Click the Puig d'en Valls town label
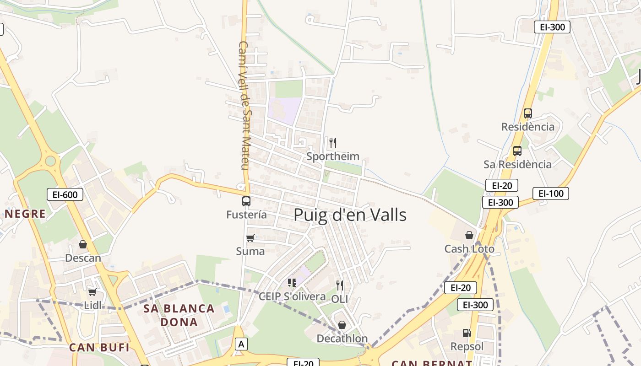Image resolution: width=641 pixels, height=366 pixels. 350,215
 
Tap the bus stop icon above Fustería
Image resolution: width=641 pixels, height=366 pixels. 246,201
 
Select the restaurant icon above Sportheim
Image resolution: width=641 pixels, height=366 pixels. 333,143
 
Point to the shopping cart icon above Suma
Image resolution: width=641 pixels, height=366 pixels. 250,238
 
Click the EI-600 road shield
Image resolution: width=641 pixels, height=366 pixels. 65,195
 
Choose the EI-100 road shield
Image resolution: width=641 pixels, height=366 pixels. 550,194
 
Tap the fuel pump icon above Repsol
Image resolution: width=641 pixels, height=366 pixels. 467,333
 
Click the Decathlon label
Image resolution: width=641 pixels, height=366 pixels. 342,339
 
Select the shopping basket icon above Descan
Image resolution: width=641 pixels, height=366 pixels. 83,244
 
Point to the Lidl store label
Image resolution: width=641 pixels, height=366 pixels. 93,305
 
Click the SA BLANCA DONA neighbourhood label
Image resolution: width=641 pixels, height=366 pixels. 179,315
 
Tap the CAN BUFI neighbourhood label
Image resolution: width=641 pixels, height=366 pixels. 99,348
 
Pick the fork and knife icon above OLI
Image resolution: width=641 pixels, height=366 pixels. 339,285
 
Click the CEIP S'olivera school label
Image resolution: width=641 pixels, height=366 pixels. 292,296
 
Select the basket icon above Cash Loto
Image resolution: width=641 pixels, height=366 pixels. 469,235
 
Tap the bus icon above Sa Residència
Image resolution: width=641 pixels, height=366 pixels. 517,151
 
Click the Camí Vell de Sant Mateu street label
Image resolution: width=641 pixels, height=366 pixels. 244,105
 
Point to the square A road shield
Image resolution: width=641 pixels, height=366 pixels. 241,344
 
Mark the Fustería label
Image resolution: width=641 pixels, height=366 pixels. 246,215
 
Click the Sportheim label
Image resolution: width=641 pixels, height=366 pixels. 333,156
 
